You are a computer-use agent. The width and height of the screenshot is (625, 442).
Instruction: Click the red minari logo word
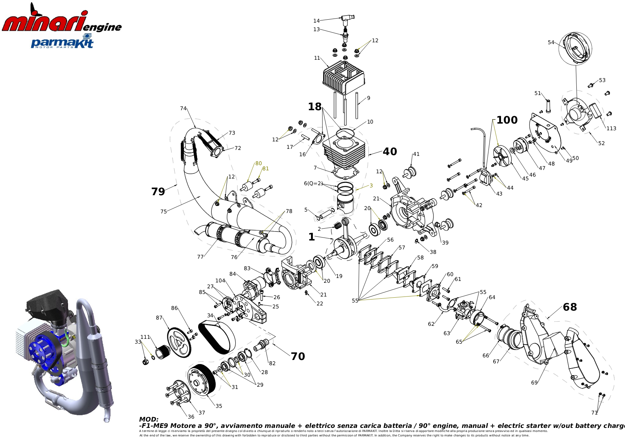click(x=45, y=22)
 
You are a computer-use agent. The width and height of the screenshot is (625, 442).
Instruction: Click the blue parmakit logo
click(x=62, y=42)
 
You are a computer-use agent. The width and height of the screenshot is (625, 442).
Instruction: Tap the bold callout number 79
click(x=158, y=192)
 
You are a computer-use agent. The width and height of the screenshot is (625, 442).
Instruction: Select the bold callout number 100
click(x=507, y=120)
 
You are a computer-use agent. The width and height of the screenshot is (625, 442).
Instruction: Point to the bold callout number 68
click(x=570, y=307)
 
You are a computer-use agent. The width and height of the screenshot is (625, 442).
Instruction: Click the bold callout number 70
click(x=298, y=357)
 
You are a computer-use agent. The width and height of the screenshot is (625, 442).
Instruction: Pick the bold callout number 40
click(x=390, y=152)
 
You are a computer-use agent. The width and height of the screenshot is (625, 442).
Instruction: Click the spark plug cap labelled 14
click(x=347, y=19)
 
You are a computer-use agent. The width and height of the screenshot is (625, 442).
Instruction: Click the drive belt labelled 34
click(x=217, y=337)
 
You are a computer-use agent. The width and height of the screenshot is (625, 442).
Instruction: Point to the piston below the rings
click(x=345, y=203)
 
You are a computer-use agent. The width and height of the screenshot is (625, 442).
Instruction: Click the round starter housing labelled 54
click(x=575, y=49)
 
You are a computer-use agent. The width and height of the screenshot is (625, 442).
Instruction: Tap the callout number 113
click(x=611, y=128)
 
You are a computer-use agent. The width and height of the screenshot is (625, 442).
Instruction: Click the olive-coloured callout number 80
click(x=258, y=163)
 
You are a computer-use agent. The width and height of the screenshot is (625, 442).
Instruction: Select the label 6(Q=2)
click(x=313, y=183)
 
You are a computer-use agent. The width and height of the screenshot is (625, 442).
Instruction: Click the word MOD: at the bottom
click(x=149, y=419)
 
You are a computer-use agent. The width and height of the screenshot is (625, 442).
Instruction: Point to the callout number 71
click(x=595, y=413)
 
